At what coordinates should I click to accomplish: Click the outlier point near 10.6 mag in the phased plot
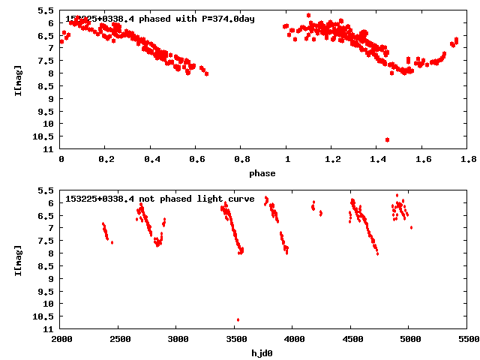(387, 139)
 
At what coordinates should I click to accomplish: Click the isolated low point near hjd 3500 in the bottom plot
(238, 320)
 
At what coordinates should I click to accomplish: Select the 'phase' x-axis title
(262, 173)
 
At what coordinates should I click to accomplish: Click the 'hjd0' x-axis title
(262, 352)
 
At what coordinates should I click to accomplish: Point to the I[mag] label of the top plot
(17, 80)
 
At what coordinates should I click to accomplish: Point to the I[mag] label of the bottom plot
(17, 259)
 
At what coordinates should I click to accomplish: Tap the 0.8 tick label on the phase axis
(241, 160)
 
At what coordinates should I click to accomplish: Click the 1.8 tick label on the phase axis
(468, 160)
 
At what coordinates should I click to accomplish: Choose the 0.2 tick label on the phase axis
(106, 160)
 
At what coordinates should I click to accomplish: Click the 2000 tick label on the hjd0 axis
(61, 339)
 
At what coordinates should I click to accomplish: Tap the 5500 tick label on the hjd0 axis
(468, 339)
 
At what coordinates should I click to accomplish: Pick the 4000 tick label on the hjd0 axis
(293, 339)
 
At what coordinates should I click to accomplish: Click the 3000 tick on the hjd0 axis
(177, 339)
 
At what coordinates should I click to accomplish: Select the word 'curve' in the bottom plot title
(241, 199)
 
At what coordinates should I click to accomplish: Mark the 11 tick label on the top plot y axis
(49, 148)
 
